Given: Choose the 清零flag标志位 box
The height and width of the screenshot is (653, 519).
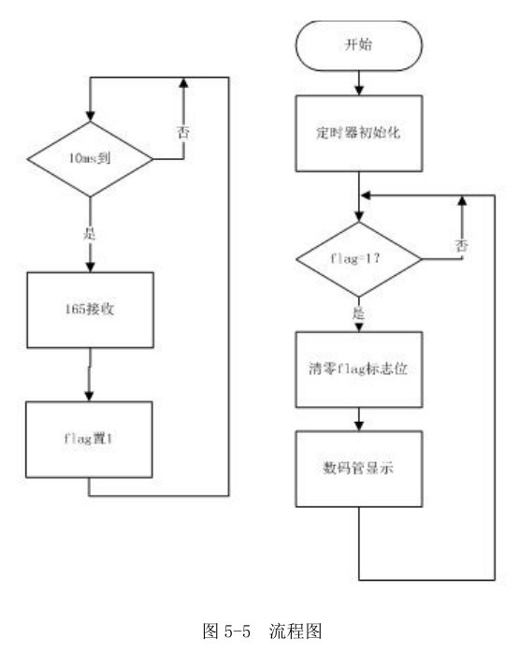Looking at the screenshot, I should (x=360, y=368).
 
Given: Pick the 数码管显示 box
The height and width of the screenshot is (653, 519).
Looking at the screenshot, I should (x=360, y=467).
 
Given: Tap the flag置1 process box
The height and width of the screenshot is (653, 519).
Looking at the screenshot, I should (x=89, y=439).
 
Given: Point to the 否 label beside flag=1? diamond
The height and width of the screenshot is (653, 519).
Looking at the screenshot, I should (x=461, y=245).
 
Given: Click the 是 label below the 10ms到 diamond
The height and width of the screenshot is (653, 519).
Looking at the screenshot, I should (x=91, y=233).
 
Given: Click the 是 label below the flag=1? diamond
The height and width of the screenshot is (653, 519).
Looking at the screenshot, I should (x=359, y=312).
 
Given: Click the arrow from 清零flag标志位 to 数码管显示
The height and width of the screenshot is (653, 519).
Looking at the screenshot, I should (x=360, y=419).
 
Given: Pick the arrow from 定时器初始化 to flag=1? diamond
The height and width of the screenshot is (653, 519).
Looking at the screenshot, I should (x=360, y=198).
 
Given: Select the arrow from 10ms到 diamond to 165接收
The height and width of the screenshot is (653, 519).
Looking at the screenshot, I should (x=90, y=234).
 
